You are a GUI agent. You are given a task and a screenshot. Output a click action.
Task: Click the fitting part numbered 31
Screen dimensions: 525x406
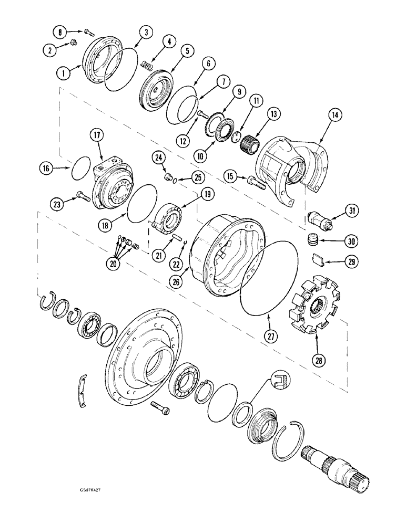click(x=318, y=218)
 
